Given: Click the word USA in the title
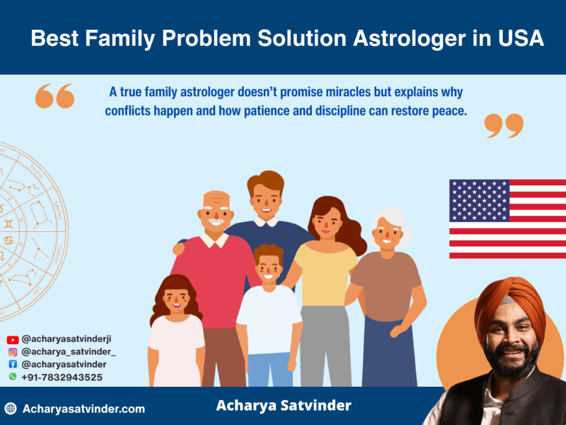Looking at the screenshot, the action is [521, 38].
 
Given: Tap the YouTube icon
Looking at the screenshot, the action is [13, 340].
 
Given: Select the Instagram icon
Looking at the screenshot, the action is [13, 352].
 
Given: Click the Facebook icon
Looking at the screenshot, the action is [13, 364].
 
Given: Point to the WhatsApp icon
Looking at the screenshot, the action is [13, 376].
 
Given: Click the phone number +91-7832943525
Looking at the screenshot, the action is [62, 377].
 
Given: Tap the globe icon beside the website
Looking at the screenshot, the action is [11, 409].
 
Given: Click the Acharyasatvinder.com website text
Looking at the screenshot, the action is [84, 409].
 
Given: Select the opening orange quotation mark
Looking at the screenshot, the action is [55, 96].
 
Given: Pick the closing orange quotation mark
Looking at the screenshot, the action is [504, 126].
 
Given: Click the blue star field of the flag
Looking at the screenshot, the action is [479, 200].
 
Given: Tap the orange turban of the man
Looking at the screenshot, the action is [511, 304].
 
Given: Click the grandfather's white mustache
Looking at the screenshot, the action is [216, 221].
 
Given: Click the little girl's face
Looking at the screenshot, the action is [176, 299].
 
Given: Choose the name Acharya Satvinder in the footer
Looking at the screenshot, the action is [284, 406].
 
